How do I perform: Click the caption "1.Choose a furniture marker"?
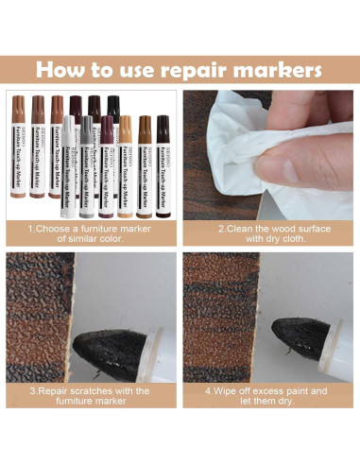point(90,228)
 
